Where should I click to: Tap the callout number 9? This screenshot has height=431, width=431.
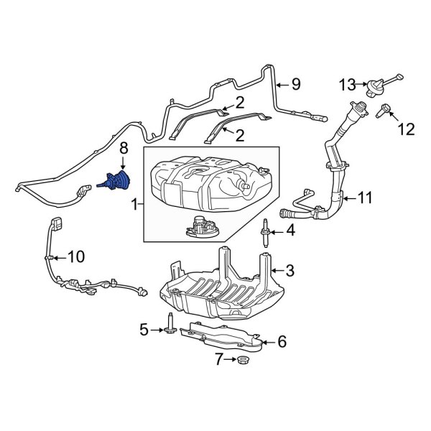point(295,85)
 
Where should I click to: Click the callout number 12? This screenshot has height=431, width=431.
point(406,129)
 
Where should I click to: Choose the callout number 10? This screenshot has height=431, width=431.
point(75,256)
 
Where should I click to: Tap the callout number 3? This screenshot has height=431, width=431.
point(290,270)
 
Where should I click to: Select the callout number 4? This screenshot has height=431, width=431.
point(290,231)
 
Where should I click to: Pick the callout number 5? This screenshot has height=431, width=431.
point(144,330)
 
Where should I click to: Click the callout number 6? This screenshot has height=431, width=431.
point(282,343)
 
